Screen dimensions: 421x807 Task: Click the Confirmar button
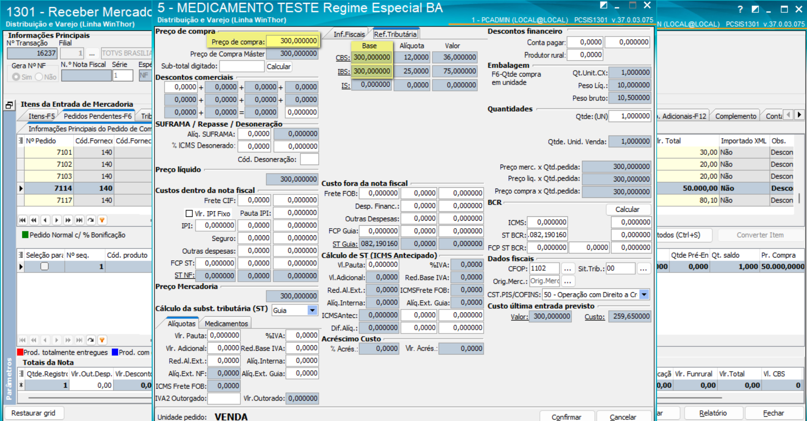pos(567,416)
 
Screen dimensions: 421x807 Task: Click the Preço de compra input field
pos(293,41)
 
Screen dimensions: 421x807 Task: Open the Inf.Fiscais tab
pos(349,34)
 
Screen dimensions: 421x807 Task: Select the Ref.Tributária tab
pos(395,34)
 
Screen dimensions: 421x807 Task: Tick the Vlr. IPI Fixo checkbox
pos(189,213)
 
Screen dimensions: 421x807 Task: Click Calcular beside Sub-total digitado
pos(278,67)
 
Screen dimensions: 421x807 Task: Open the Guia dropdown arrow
pos(312,310)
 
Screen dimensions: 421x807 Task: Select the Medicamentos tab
pos(226,323)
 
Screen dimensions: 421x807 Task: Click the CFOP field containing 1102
pos(544,268)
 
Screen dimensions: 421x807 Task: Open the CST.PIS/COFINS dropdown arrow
pos(644,294)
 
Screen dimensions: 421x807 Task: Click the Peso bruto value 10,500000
pos(629,98)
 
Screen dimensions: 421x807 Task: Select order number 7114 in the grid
pos(63,188)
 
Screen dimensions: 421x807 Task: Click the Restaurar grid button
pos(33,413)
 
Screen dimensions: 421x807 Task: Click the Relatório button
pos(713,413)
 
